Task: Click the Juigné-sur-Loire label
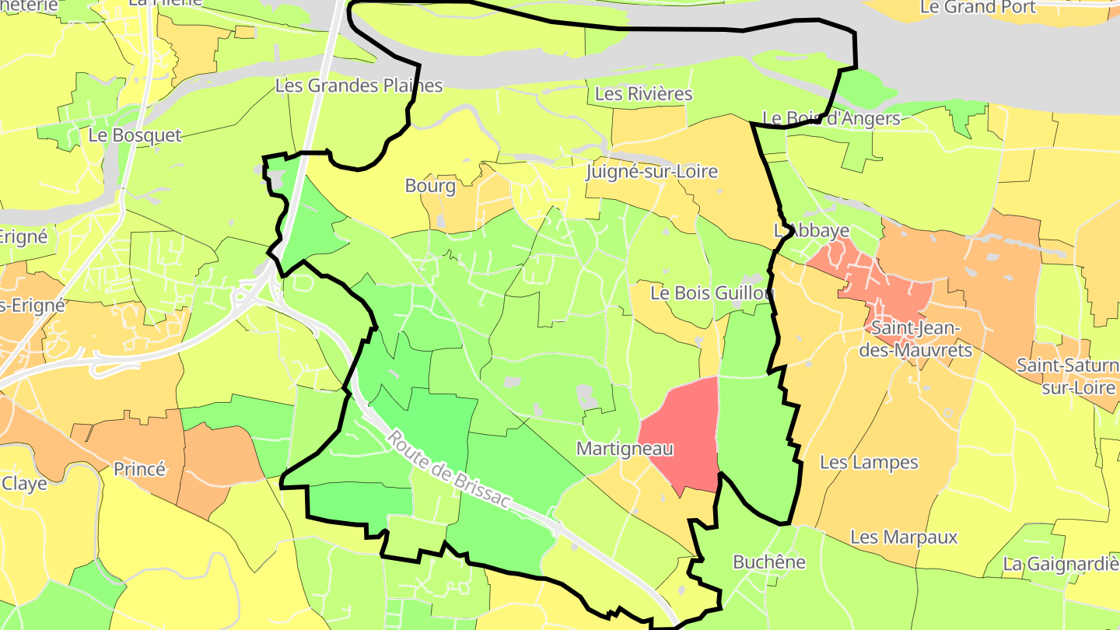[651, 172]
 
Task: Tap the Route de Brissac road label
[448, 470]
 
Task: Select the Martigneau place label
[625, 449]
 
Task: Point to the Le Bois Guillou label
[712, 293]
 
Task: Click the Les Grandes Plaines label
[359, 86]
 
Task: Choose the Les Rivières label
[643, 94]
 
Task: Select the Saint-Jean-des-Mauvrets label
[922, 339]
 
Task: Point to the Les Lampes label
[869, 463]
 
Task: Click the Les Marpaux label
[904, 537]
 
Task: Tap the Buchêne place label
[769, 562]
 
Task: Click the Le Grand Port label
[978, 8]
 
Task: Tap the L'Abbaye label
[811, 231]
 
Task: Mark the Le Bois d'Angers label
[831, 119]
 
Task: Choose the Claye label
[24, 483]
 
